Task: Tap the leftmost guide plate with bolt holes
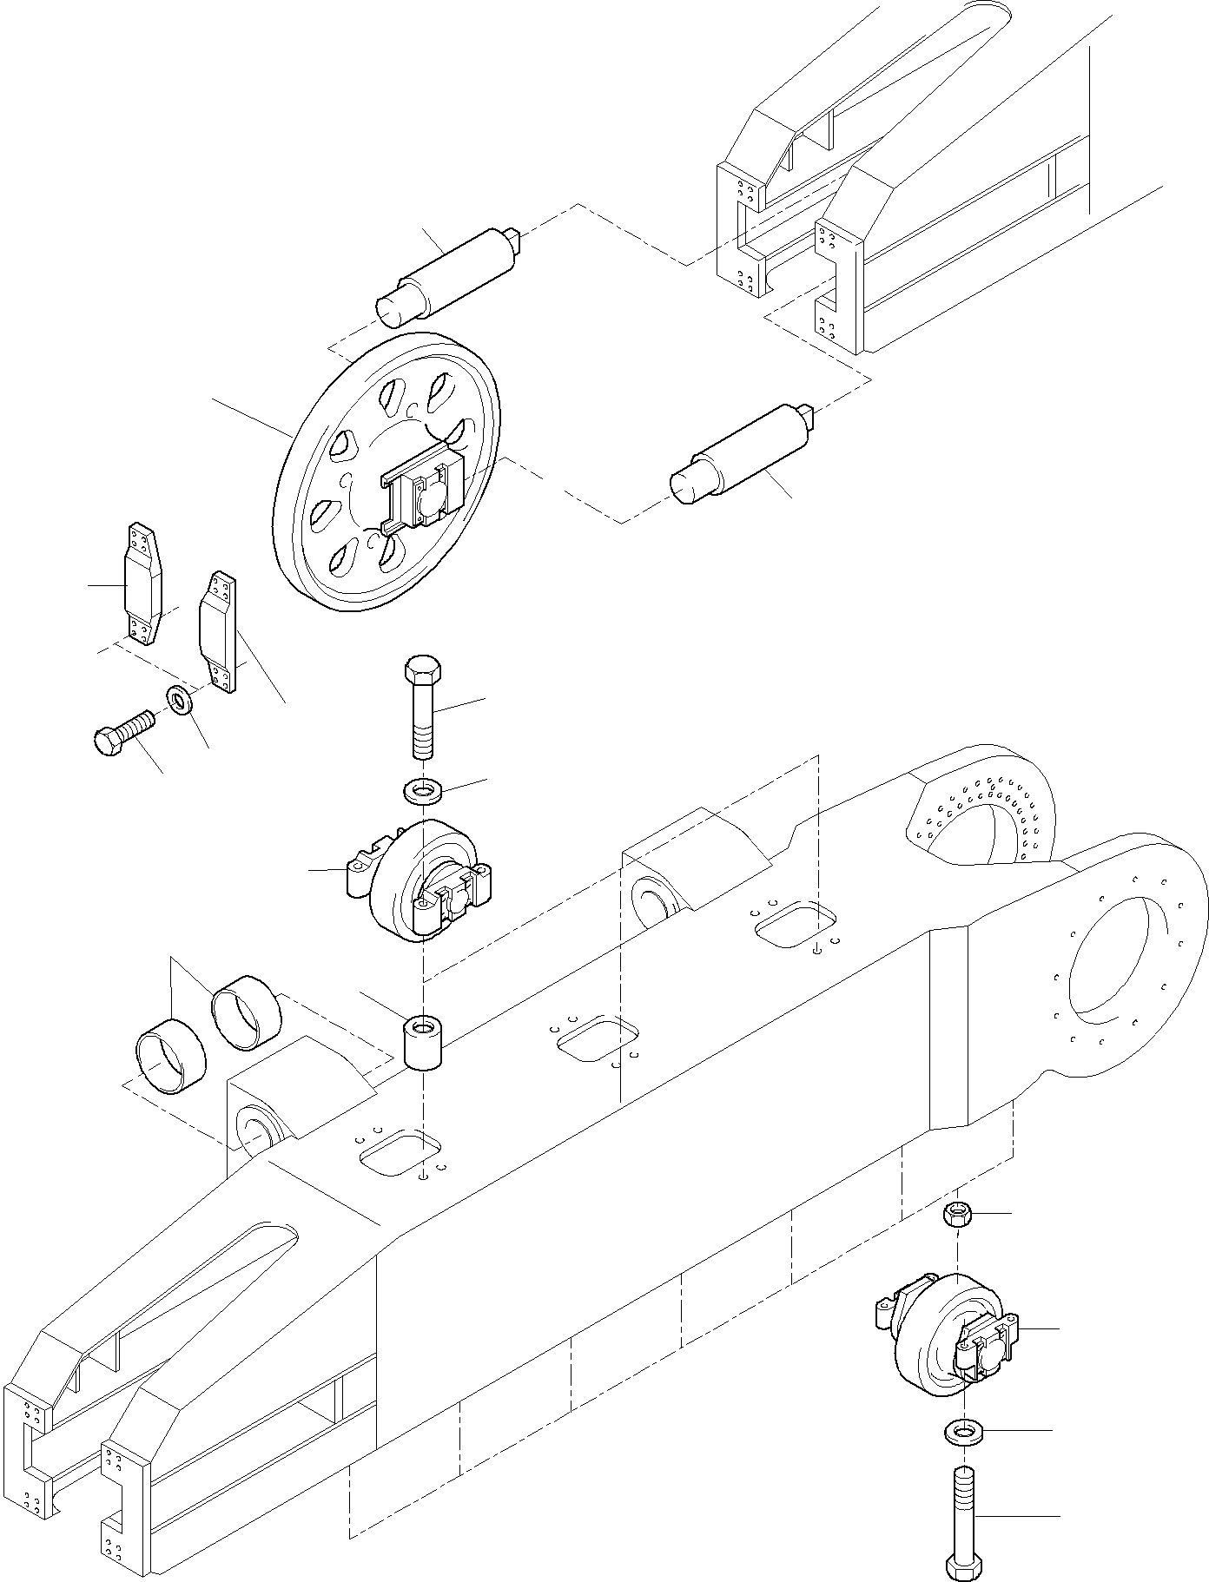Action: point(142,584)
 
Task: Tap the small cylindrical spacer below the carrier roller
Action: point(423,1045)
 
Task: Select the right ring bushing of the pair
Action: point(248,1012)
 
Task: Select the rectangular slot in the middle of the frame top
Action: point(598,1038)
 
